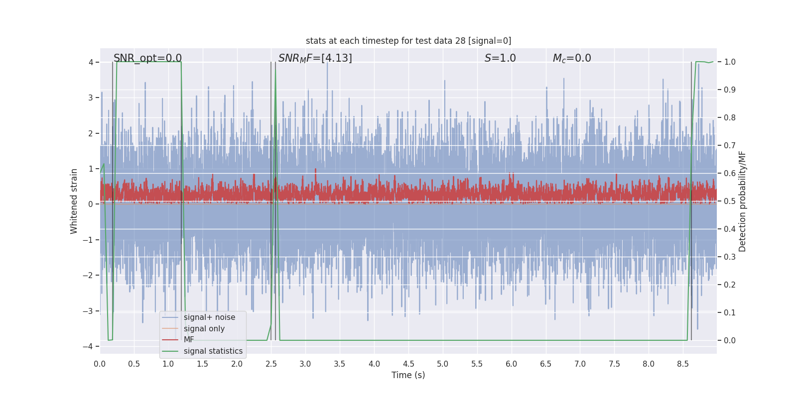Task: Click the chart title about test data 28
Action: tap(408, 41)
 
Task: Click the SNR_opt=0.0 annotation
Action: tap(147, 58)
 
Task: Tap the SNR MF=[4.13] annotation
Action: tap(315, 58)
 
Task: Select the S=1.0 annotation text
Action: tap(500, 58)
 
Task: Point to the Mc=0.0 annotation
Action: tap(572, 58)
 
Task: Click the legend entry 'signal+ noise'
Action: tap(209, 317)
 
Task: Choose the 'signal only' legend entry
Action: tap(204, 329)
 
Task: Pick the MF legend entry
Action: tap(189, 340)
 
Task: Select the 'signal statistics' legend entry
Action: tap(213, 351)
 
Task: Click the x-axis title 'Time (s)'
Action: tap(408, 375)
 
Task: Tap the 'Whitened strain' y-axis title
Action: tap(74, 201)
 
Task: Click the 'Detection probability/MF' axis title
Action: tap(742, 201)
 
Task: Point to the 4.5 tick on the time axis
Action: tap(408, 364)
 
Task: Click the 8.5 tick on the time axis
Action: tap(683, 364)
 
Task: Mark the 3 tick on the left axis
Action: tap(91, 98)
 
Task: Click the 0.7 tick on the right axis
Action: tap(730, 146)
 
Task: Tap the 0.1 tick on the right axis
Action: tap(730, 313)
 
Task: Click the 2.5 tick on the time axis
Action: tap(271, 364)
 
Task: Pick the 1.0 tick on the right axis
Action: tap(730, 62)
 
